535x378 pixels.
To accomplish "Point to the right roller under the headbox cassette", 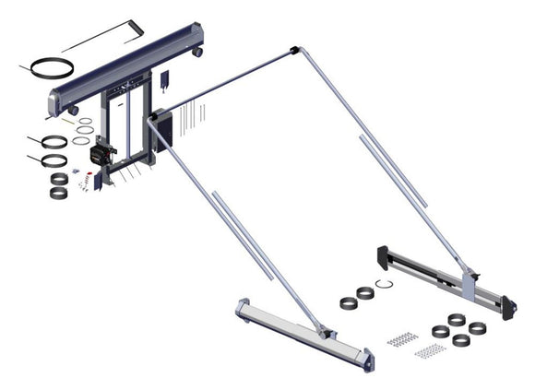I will tap(196, 54).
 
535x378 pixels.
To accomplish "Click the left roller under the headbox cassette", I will tap(72, 111).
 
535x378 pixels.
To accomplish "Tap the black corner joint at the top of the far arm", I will tap(293, 49).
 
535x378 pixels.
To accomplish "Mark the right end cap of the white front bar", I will tap(368, 355).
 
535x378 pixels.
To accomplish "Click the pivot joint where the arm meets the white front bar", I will tap(319, 329).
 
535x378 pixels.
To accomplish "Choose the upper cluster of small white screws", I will tap(402, 339).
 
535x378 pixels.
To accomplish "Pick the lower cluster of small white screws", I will tap(430, 351).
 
